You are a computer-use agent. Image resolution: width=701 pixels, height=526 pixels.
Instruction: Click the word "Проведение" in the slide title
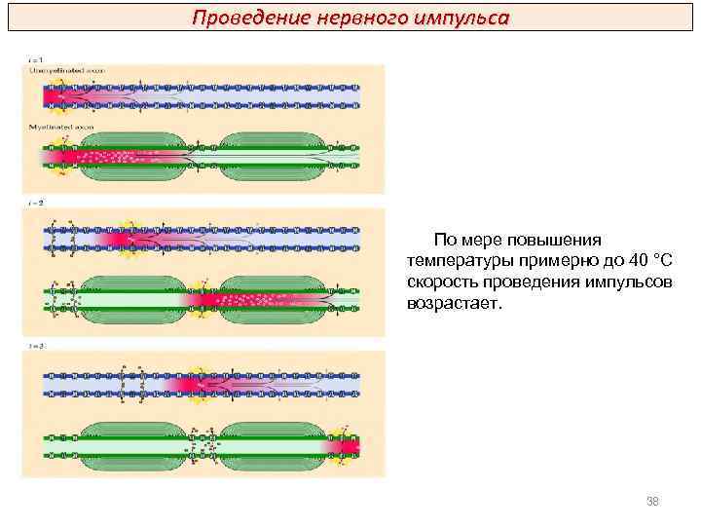click(238, 18)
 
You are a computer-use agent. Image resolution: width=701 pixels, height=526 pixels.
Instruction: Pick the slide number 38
click(653, 501)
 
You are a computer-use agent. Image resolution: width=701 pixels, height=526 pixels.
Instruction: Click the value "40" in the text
click(637, 260)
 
